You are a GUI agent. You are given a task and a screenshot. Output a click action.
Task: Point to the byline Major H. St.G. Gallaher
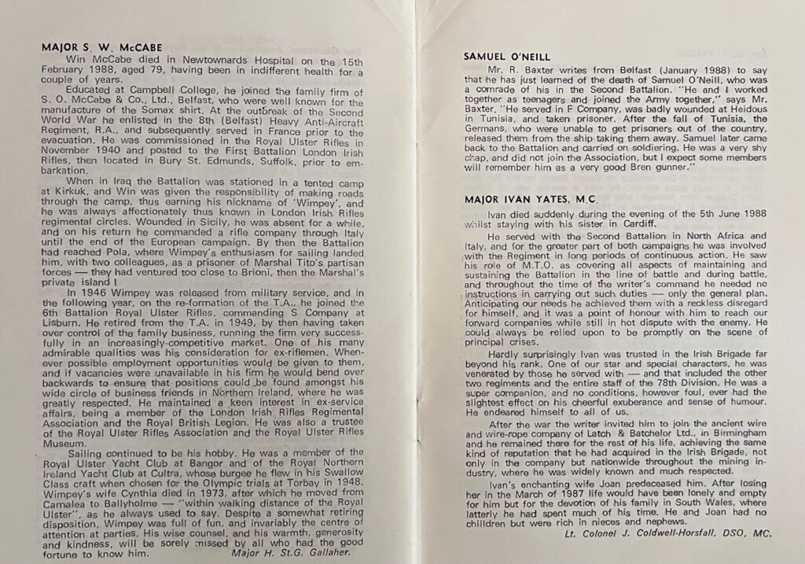[x=289, y=553]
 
